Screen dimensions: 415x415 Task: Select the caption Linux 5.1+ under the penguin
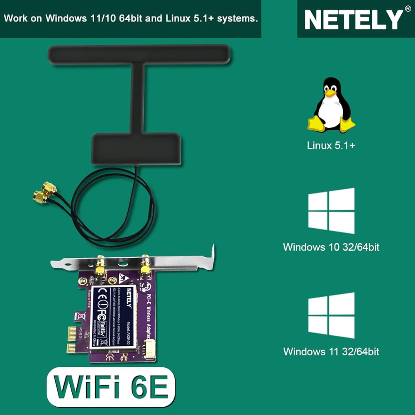331,146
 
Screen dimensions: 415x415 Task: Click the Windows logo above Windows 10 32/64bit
331,211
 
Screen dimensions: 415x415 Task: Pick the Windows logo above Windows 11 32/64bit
331,315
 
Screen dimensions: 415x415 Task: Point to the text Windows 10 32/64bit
331,247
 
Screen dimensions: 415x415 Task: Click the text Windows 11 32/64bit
331,352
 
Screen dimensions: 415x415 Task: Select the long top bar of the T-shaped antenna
139,54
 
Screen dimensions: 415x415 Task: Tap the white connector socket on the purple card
148,349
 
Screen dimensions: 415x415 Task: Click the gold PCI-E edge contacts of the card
71,339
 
